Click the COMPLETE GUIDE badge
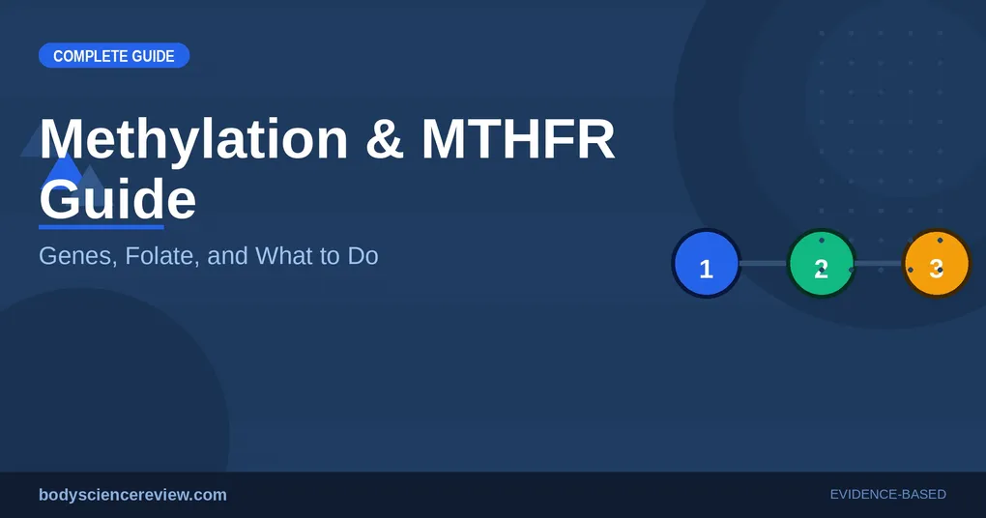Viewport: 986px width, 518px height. tap(114, 55)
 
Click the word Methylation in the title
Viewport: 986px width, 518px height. tap(193, 139)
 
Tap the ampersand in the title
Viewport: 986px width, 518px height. tap(384, 139)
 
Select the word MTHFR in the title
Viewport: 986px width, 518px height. tap(518, 139)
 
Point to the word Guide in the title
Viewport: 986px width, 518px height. tap(118, 199)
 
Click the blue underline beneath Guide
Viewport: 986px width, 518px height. tap(101, 227)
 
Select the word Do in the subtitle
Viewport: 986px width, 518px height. tap(362, 256)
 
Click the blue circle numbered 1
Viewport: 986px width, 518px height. tap(707, 264)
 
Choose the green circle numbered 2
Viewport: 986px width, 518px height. tap(822, 264)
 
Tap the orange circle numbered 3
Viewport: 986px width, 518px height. tap(937, 264)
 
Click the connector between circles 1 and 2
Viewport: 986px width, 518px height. tap(764, 264)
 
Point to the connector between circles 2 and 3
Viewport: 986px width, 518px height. tap(879, 264)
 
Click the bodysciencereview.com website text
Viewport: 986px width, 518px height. tap(132, 495)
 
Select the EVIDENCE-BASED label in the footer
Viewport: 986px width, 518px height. tap(888, 495)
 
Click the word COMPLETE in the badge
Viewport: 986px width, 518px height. tap(81, 56)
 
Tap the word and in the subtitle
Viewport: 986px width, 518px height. tap(227, 256)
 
